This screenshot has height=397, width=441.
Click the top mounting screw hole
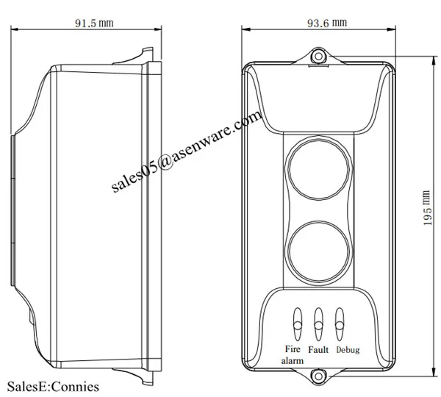(x=318, y=55)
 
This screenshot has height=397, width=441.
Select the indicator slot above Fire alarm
(x=298, y=320)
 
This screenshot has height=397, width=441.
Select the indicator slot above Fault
(x=319, y=320)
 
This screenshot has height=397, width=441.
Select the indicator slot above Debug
(x=340, y=320)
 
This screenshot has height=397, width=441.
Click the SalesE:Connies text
(x=52, y=386)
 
